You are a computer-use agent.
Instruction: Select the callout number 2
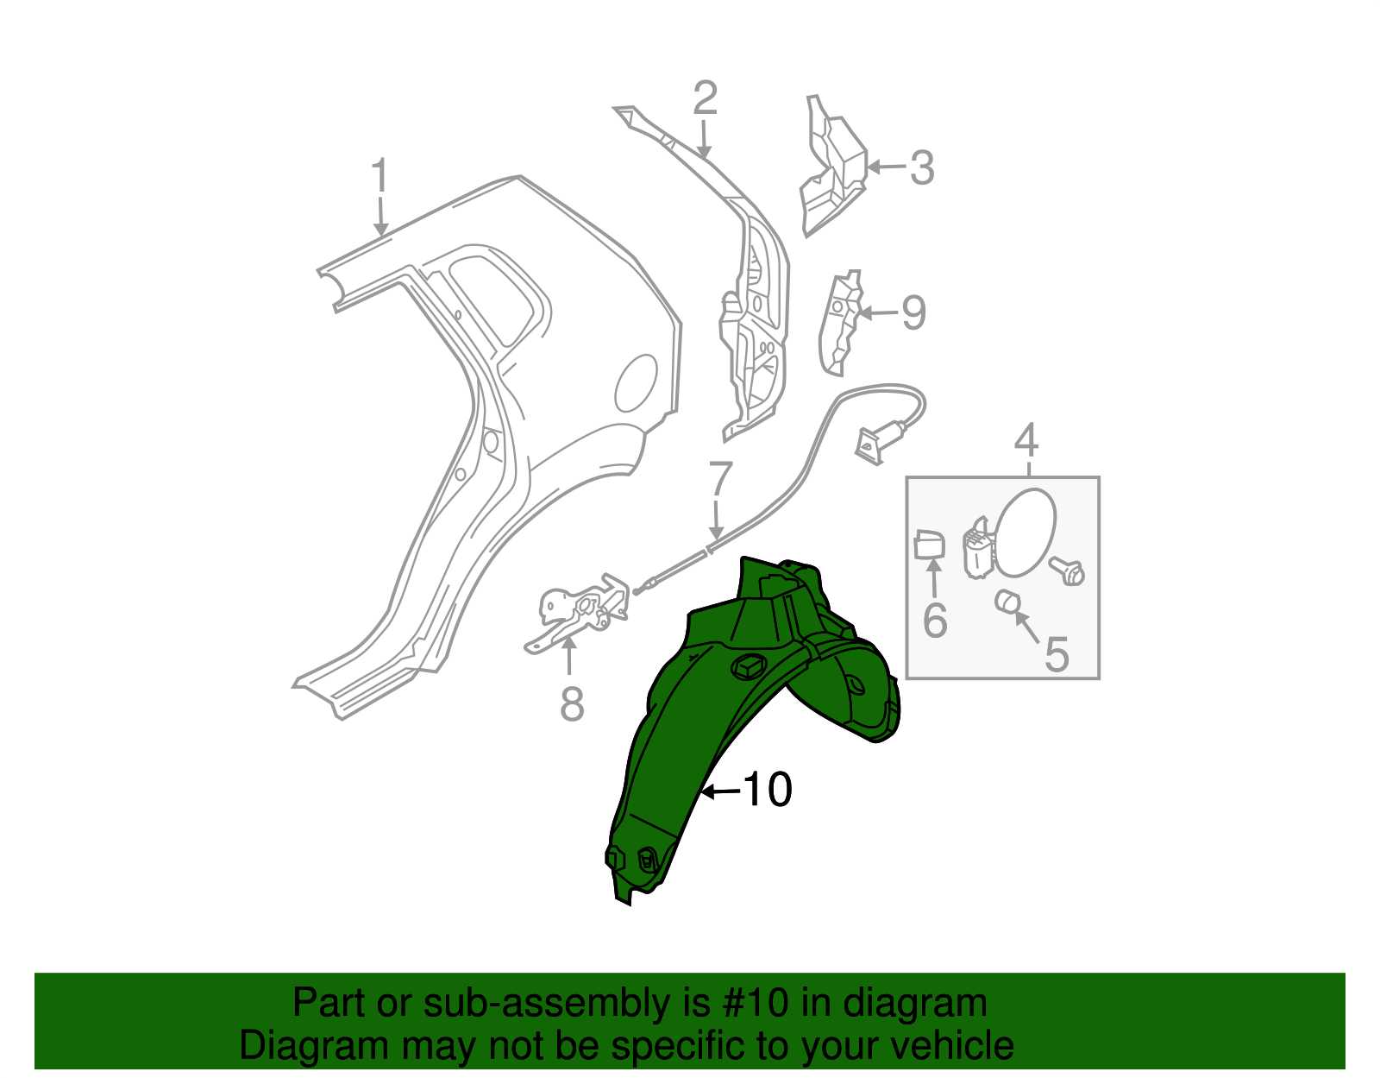click(x=705, y=99)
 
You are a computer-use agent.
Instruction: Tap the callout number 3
click(x=921, y=168)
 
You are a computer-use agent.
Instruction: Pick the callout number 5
click(x=1057, y=654)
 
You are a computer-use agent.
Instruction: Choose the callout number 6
click(x=935, y=621)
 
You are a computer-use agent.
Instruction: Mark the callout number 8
click(x=572, y=703)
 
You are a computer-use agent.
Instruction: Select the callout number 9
click(x=913, y=312)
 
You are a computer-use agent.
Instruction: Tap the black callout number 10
click(x=767, y=790)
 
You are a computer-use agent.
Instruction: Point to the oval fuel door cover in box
click(x=1024, y=532)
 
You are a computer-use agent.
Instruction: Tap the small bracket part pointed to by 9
click(x=840, y=324)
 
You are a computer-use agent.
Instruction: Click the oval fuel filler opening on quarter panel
click(x=636, y=382)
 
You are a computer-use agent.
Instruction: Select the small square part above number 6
click(x=928, y=545)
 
